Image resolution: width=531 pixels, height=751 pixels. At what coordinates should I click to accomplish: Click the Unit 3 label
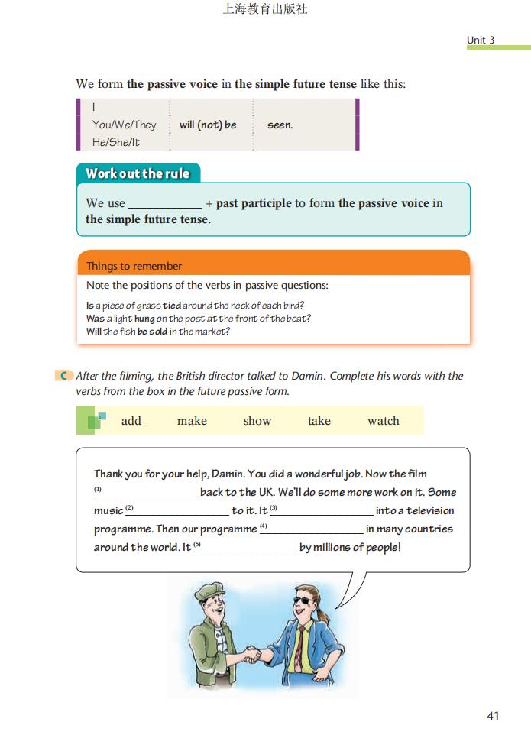coord(481,40)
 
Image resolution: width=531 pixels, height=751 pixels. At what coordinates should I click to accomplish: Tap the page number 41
coord(492,716)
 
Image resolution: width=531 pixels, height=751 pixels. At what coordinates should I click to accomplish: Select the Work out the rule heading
coord(138,173)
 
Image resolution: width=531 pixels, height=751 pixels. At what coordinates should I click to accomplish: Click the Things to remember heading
coord(134,266)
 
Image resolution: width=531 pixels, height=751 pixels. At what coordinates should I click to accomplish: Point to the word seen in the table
coord(280,125)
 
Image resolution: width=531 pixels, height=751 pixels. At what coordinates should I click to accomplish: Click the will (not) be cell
coord(208,125)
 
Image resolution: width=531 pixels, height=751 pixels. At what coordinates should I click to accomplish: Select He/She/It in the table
coord(116,142)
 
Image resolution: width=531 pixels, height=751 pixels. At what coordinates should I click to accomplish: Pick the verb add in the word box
coord(131,420)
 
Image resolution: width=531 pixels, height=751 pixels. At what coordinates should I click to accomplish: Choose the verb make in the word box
coord(192,420)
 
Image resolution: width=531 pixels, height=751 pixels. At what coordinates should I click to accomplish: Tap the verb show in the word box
coord(257,420)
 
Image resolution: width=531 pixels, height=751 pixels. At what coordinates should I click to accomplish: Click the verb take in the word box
coord(319,420)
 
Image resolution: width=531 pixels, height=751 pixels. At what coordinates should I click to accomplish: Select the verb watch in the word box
coord(383,420)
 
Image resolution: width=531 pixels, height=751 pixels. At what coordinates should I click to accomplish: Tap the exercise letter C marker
coord(65,376)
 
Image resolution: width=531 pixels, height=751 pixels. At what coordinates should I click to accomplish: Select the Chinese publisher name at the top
coord(264,10)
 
